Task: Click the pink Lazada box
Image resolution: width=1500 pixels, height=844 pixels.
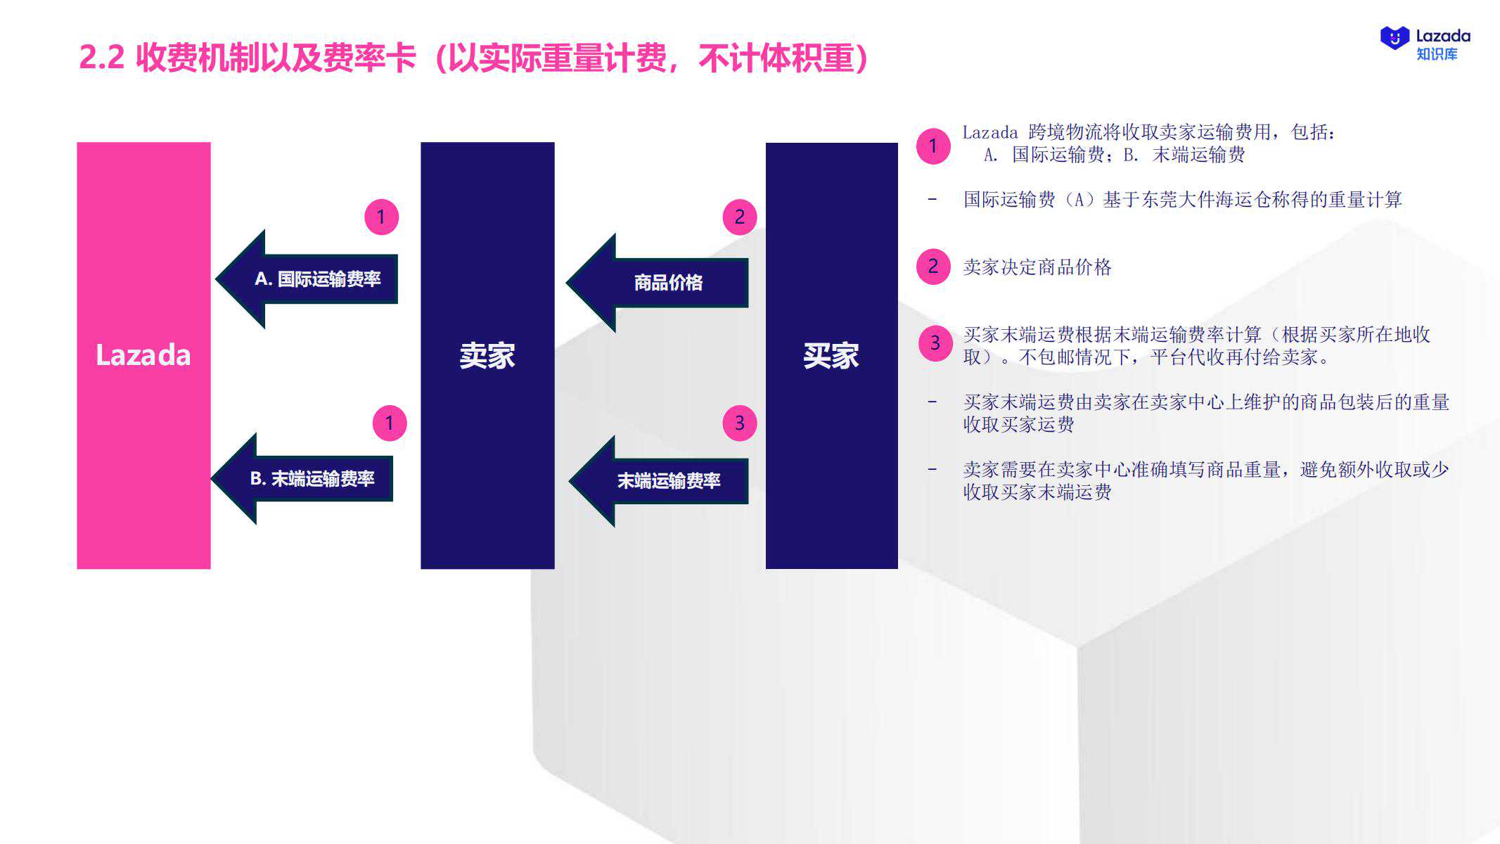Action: coord(143,355)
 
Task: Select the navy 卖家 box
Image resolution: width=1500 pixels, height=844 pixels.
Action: coord(487,355)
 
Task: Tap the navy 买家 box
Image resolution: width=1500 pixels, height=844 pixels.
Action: coord(831,355)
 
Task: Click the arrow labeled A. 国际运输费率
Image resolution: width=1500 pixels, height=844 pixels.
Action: coord(307,279)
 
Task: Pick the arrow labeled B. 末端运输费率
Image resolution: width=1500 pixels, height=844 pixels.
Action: coord(302,479)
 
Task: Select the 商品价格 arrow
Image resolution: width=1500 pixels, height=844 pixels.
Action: coord(657,283)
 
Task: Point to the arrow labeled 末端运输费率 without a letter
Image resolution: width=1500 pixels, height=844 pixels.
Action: coord(658,481)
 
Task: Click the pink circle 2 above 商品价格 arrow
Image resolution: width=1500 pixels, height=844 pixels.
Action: coord(740,217)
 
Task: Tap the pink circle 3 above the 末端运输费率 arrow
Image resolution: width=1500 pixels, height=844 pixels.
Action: coord(740,423)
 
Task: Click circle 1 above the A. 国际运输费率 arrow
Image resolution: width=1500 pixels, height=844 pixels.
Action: coord(381,217)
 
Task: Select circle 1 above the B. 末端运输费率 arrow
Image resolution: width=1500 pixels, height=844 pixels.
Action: coord(390,423)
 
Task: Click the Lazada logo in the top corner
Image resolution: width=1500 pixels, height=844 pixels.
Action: coord(1395,37)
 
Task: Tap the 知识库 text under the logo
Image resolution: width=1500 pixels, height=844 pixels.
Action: coord(1437,54)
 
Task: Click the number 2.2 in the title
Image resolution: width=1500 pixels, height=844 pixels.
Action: coord(102,58)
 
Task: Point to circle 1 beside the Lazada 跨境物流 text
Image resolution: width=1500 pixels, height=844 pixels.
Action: coord(933,146)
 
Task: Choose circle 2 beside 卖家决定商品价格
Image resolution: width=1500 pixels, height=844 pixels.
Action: coord(933,267)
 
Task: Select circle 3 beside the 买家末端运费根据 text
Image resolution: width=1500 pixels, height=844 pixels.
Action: coord(936,343)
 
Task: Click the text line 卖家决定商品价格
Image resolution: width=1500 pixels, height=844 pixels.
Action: coord(1037,267)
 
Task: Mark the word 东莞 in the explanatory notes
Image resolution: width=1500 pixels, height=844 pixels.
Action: coord(1160,200)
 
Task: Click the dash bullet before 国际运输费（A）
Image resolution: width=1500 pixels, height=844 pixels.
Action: coord(932,199)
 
